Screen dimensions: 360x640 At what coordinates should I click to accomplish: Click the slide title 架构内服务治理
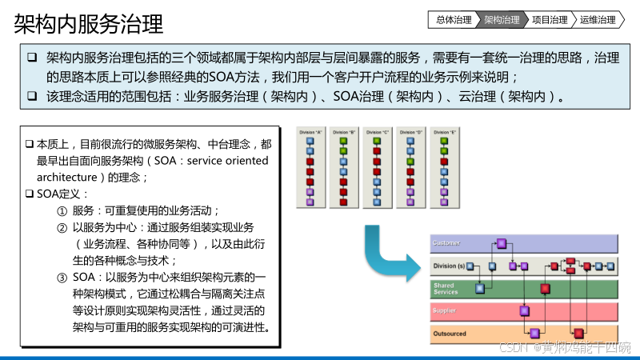pos(88,23)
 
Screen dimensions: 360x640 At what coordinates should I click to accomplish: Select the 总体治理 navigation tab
pos(454,20)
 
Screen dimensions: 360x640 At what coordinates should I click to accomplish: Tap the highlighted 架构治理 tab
pos(502,20)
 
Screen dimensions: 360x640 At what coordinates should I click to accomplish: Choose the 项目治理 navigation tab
pos(550,20)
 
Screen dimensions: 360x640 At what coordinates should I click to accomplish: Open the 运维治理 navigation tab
pos(598,20)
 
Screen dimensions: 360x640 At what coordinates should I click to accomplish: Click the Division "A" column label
pos(310,131)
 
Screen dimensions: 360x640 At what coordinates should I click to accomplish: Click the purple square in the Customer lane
pos(502,243)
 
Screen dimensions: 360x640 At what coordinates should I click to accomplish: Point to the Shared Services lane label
pos(446,288)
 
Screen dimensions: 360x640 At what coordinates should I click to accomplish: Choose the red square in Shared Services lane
pos(545,288)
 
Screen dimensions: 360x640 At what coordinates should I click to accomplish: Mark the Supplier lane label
pos(445,310)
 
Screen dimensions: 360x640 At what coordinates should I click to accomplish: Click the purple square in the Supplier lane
pos(524,310)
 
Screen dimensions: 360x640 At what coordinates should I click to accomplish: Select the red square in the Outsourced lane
pos(578,331)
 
